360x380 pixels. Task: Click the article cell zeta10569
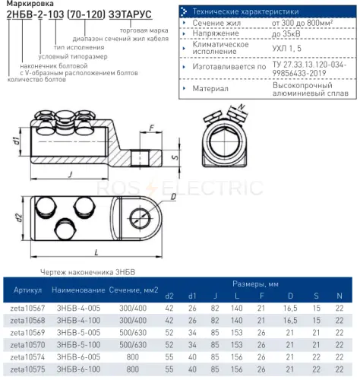click(x=27, y=333)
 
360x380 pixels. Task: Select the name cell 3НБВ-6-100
click(x=78, y=369)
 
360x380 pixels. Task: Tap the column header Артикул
click(x=27, y=290)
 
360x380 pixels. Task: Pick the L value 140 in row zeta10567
click(x=237, y=309)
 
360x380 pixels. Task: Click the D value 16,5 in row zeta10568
click(x=290, y=321)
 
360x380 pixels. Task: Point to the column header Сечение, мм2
click(x=134, y=290)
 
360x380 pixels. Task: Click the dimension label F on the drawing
click(x=151, y=128)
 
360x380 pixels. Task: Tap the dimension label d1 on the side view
click(x=17, y=141)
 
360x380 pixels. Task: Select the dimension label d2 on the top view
click(x=18, y=218)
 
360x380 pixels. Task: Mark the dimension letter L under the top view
click(x=96, y=252)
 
